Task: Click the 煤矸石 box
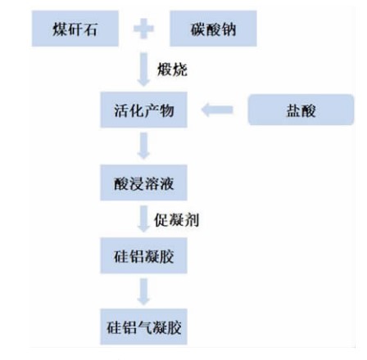tap(75, 29)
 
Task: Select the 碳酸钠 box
tap(213, 29)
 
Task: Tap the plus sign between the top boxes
tap(144, 29)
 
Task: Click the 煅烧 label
tap(172, 70)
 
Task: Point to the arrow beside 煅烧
tap(143, 70)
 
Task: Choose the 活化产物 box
tap(144, 110)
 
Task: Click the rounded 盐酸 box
tap(301, 110)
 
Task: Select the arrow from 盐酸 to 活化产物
tap(217, 110)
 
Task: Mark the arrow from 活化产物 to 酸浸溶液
tap(143, 146)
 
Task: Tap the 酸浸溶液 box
tap(144, 182)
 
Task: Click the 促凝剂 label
tap(176, 220)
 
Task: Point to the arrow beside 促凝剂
tap(143, 219)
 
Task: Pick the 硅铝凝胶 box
tap(144, 255)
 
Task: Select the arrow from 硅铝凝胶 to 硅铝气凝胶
tap(143, 292)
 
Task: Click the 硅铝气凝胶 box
tap(144, 326)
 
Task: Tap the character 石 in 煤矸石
tap(90, 29)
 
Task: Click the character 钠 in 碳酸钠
tap(229, 29)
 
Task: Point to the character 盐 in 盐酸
tap(293, 110)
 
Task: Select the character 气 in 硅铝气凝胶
tap(144, 327)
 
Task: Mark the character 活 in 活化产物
tap(121, 110)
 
